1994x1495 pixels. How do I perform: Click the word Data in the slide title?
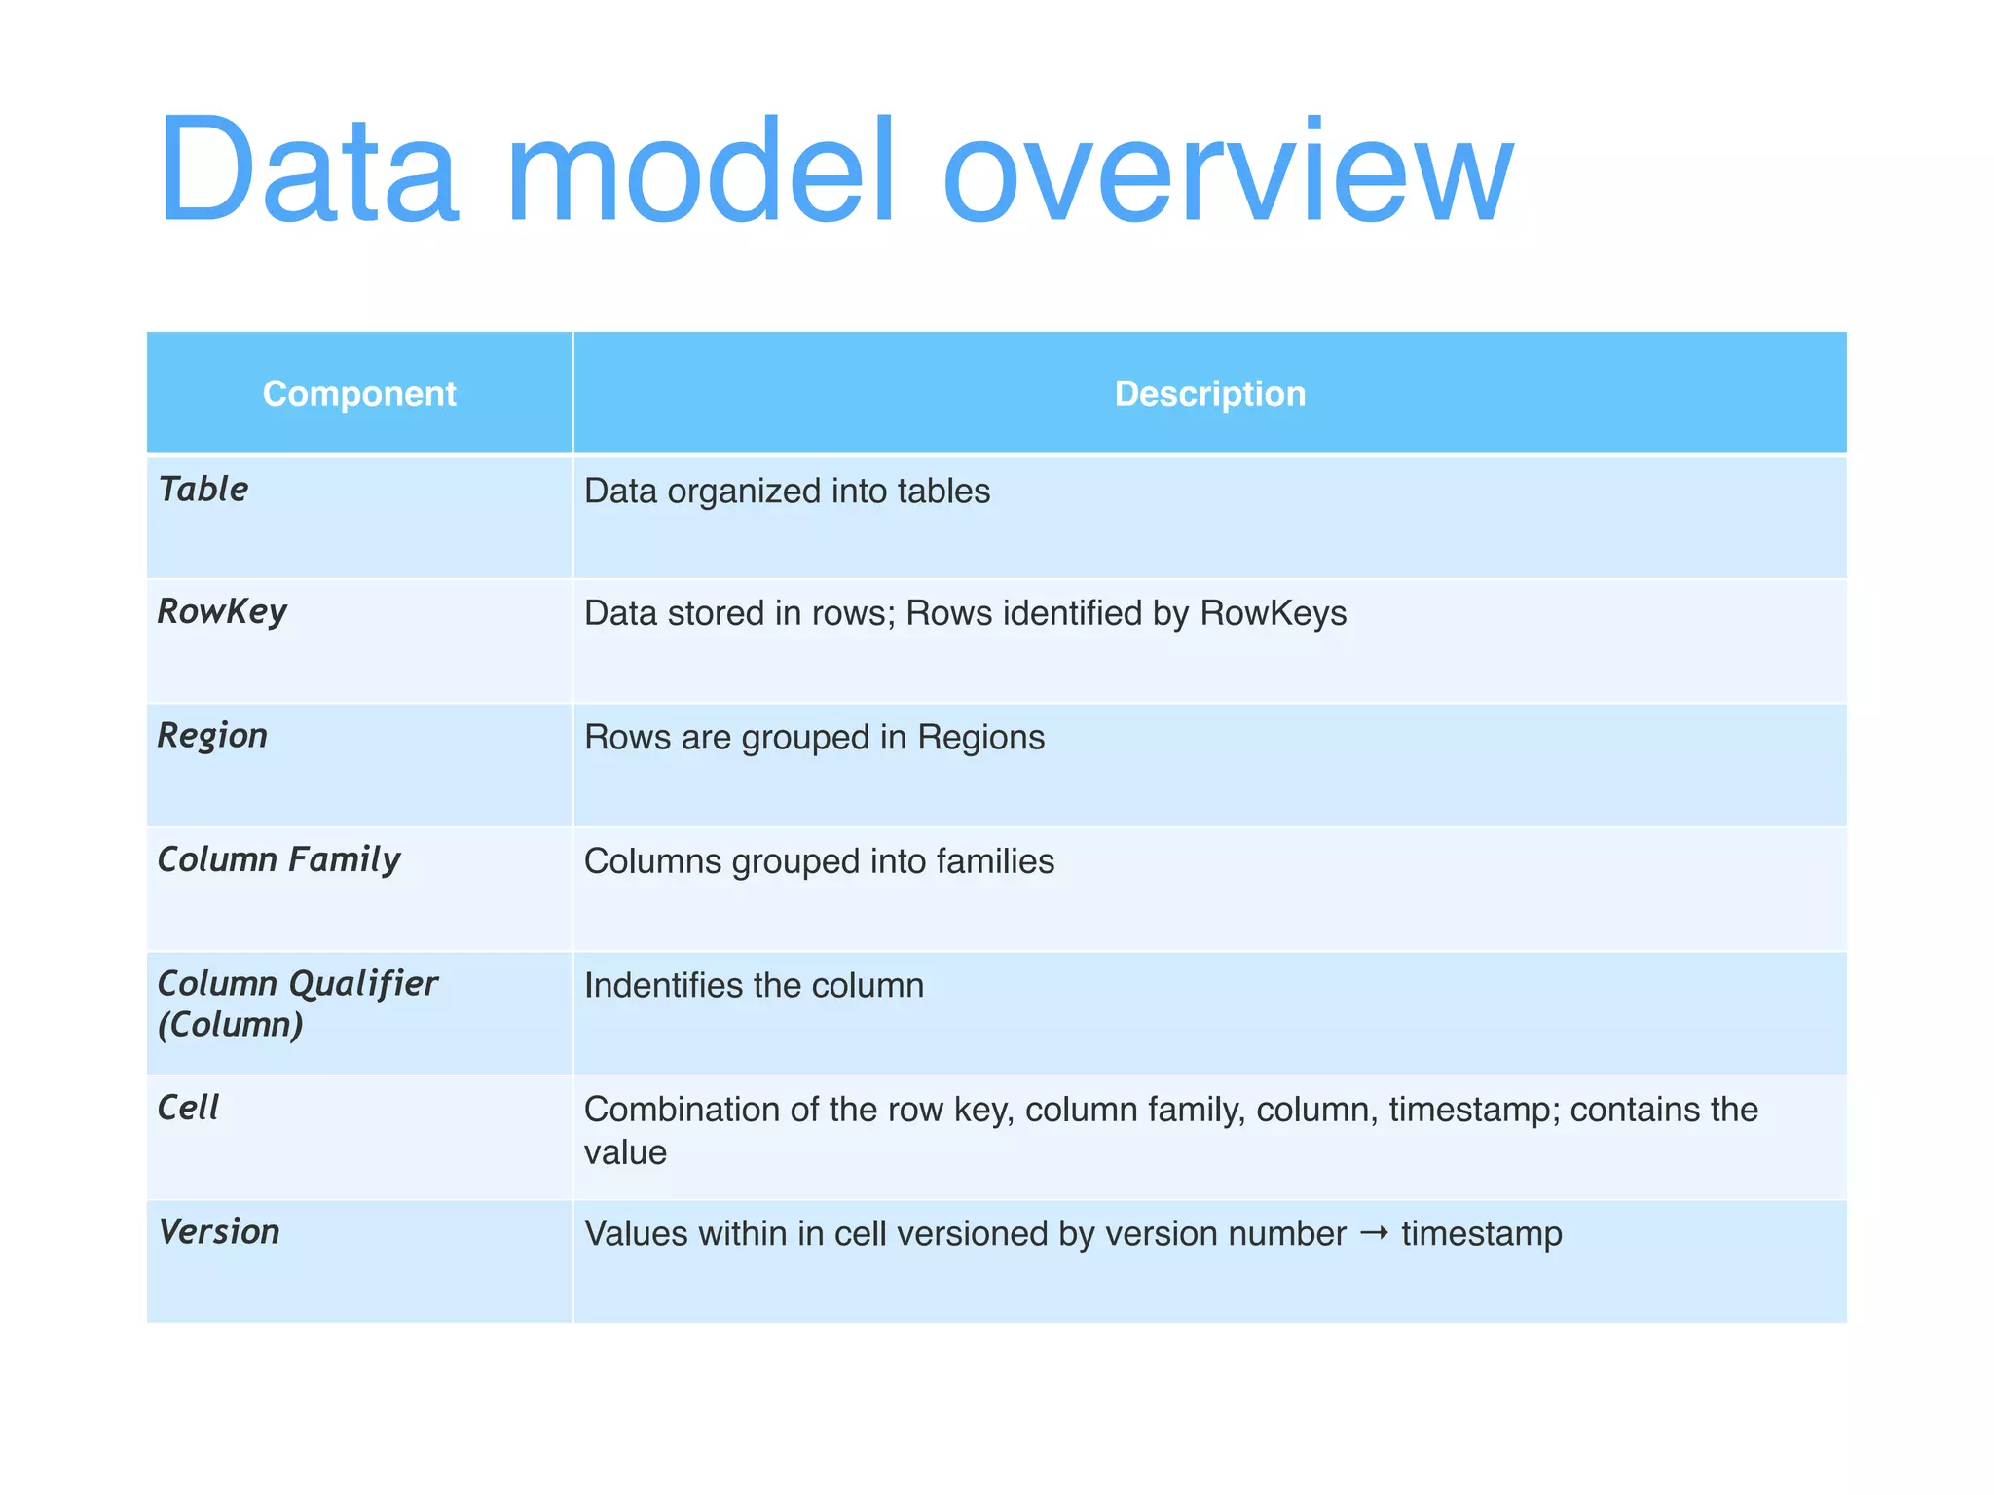[308, 172]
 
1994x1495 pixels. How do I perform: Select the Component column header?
[359, 394]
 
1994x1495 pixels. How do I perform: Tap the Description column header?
[1209, 394]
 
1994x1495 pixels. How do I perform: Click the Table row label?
[203, 490]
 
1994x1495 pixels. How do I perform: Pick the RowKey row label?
[222, 612]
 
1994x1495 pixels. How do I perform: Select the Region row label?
[212, 736]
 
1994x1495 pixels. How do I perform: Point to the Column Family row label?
[278, 860]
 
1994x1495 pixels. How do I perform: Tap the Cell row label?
[188, 1108]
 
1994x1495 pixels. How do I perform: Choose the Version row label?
[219, 1232]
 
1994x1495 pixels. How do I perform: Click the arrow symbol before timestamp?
[1373, 1234]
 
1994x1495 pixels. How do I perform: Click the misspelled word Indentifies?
[664, 986]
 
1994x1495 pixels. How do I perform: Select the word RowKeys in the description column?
[1273, 614]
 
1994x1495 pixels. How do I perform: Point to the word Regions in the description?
[980, 738]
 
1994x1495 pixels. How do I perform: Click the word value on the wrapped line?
[625, 1153]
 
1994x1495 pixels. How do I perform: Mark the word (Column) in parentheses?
[231, 1025]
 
